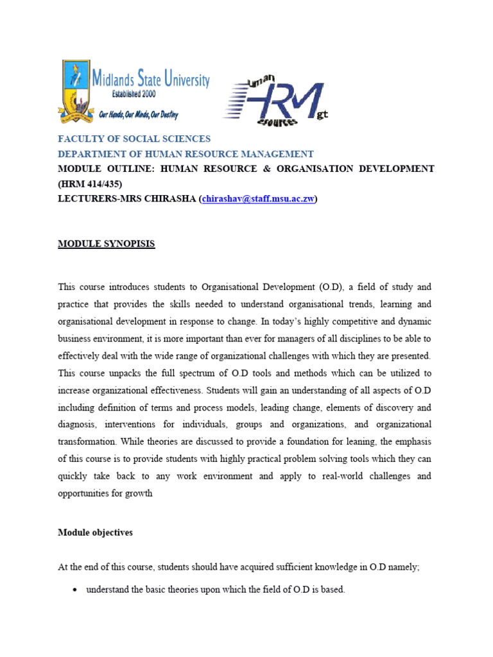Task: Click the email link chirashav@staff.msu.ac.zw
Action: click(x=258, y=199)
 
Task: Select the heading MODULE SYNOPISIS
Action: click(x=107, y=244)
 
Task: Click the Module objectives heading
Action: click(x=95, y=533)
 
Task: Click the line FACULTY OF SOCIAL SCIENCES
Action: click(x=134, y=139)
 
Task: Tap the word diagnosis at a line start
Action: click(x=78, y=424)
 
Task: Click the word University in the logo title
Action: click(x=187, y=80)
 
